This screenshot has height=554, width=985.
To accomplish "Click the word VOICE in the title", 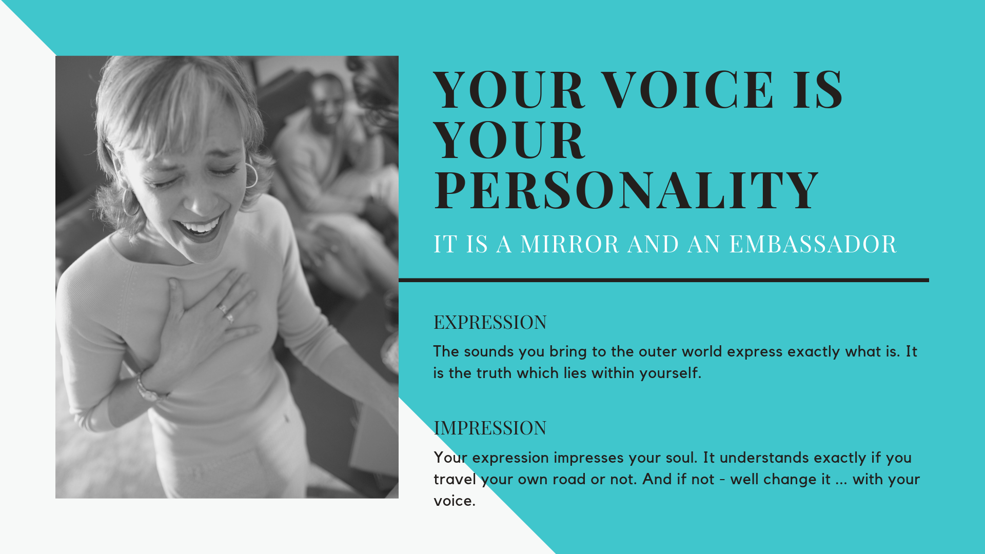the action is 687,90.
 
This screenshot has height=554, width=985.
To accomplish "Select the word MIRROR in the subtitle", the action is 569,244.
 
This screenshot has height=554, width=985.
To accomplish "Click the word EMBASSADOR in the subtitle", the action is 813,244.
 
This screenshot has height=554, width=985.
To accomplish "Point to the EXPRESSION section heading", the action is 490,322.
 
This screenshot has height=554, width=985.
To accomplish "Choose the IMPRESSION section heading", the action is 490,428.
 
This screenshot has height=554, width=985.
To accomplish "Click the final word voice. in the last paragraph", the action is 455,501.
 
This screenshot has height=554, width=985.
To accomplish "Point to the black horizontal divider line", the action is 664,280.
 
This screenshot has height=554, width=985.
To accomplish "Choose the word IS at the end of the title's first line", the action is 817,90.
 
